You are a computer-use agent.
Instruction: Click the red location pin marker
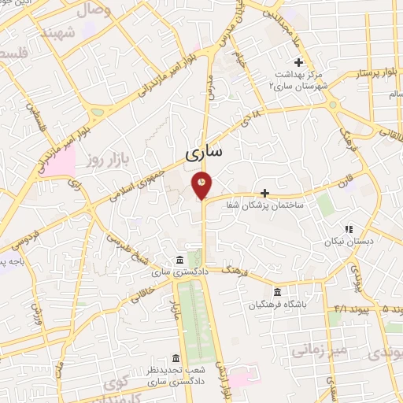(203, 184)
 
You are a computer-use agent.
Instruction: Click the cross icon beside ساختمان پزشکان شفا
(264, 193)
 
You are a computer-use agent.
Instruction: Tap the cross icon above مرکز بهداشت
(298, 62)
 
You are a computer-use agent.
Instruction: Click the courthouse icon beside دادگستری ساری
(181, 261)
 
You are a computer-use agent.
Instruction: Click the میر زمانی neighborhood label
(316, 349)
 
